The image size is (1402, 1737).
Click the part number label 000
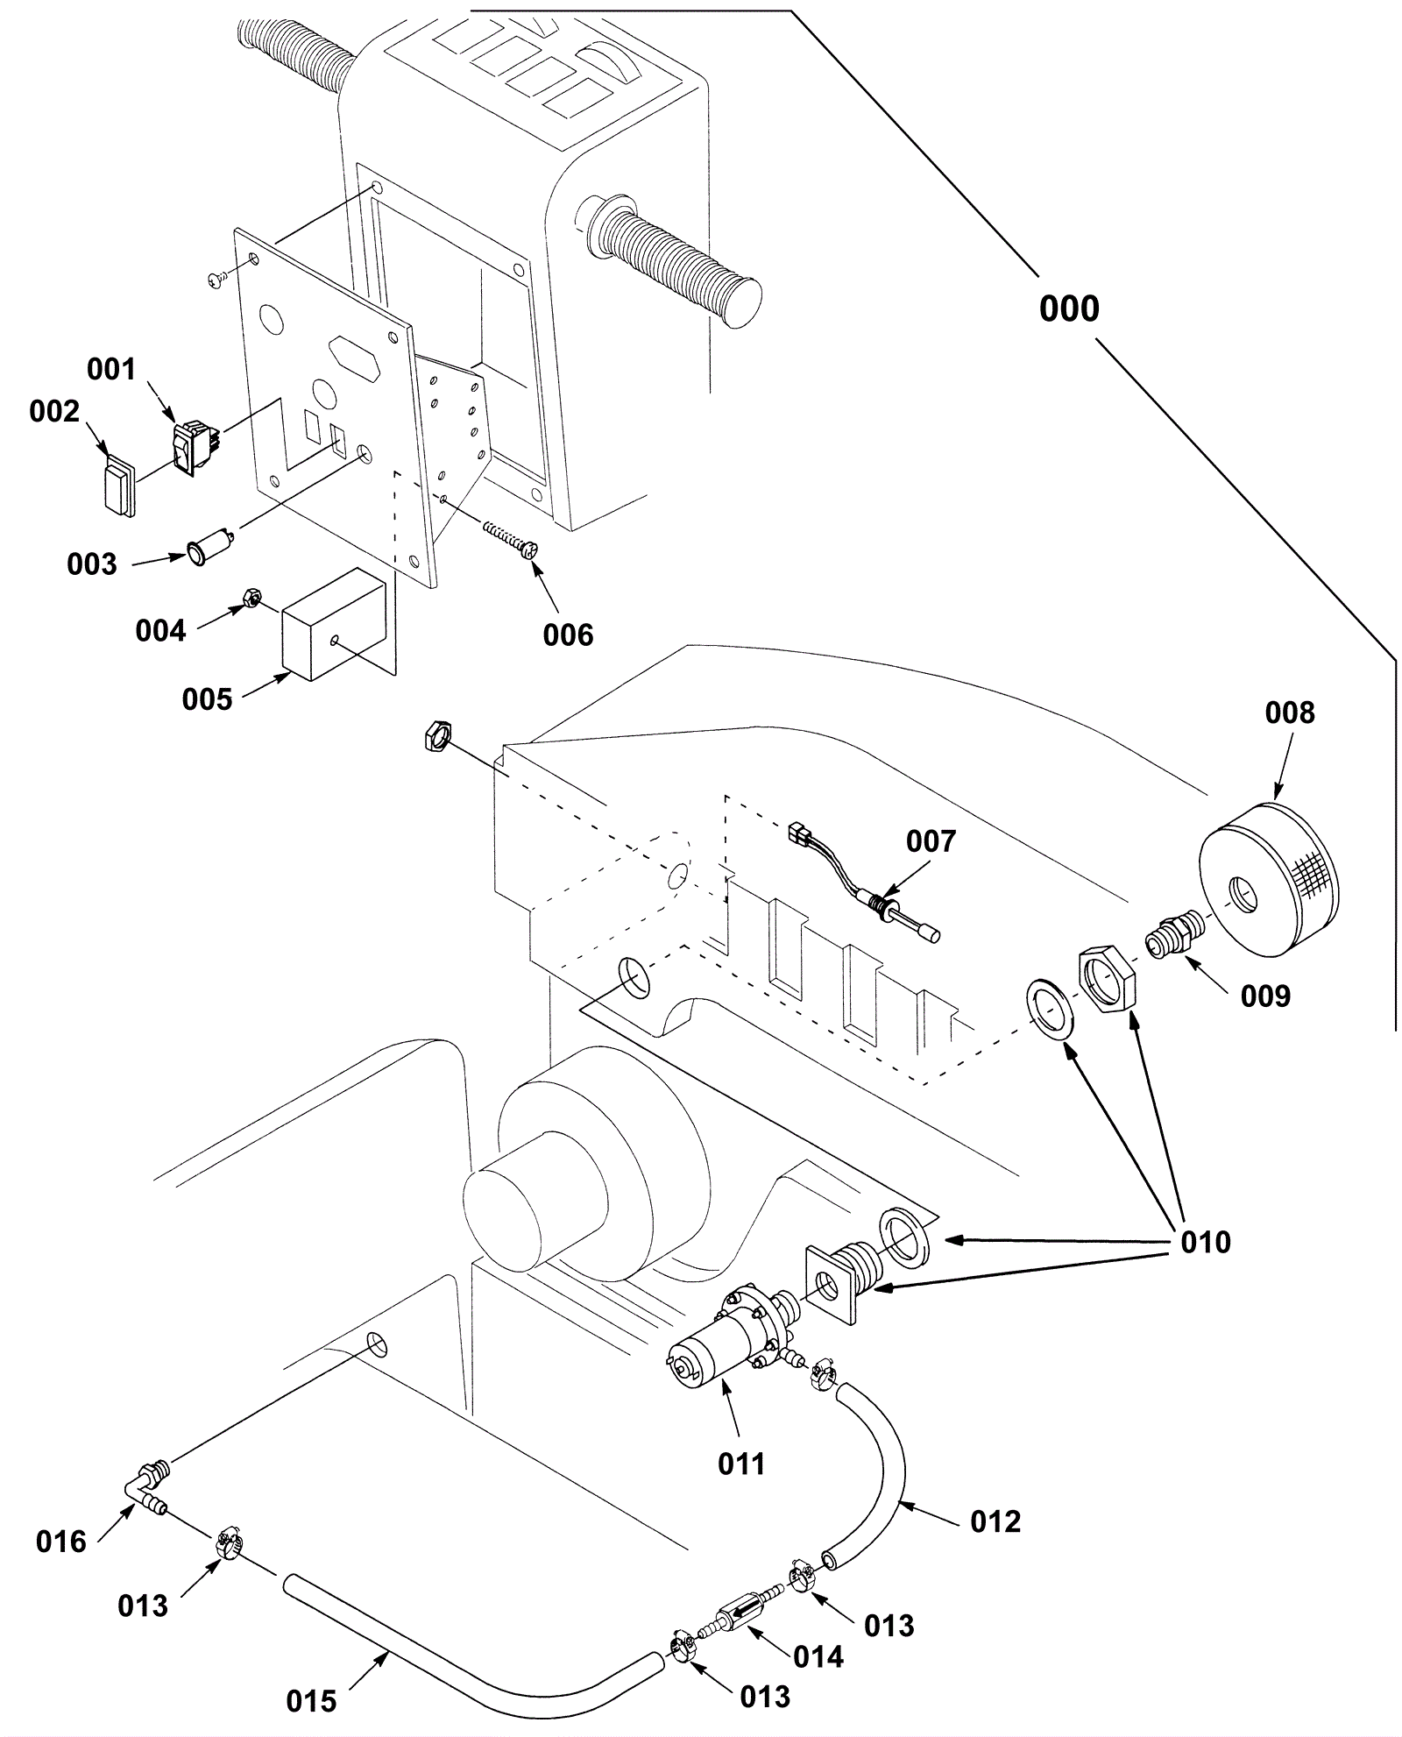1068,308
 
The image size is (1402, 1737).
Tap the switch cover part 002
117,484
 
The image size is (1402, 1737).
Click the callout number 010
1205,1242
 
